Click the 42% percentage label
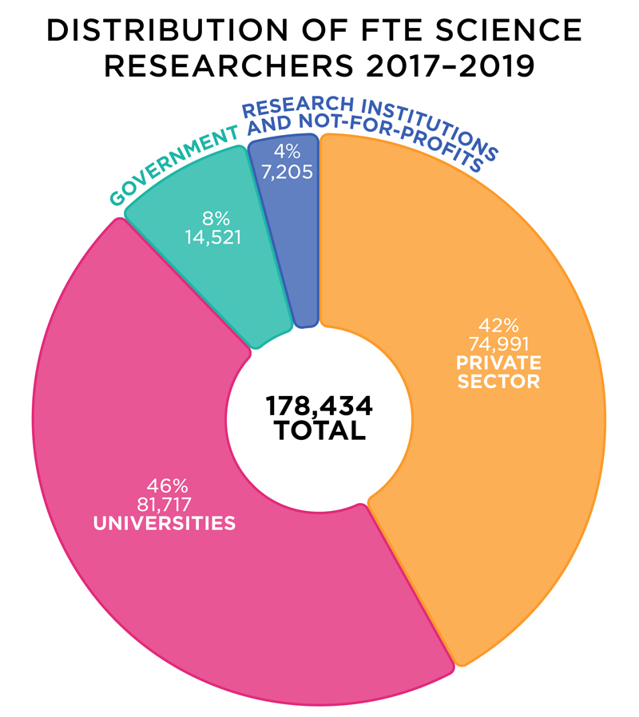(x=498, y=326)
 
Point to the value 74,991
(x=498, y=344)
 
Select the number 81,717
(x=166, y=504)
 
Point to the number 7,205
(x=284, y=170)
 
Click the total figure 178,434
(x=319, y=406)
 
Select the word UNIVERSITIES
(x=165, y=524)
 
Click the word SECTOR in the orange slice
(x=498, y=381)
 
